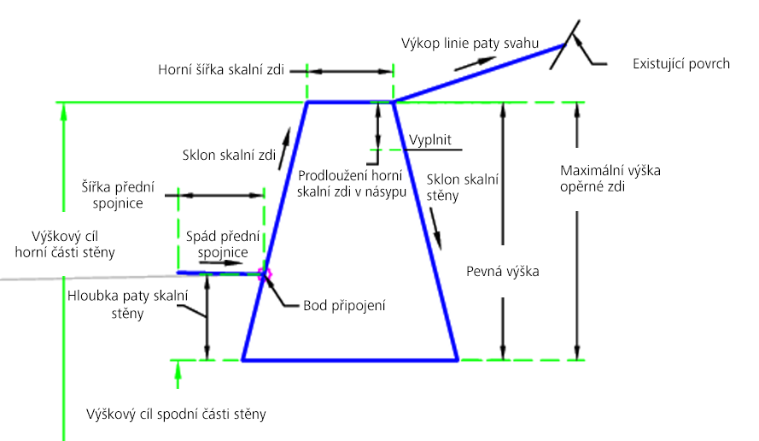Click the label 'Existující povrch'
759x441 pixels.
(x=681, y=64)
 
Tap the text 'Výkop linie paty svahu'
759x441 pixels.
(x=470, y=44)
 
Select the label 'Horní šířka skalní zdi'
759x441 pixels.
(x=221, y=70)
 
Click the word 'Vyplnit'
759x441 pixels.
(x=429, y=139)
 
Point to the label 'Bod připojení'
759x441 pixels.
(x=344, y=306)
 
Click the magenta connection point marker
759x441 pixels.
(x=265, y=274)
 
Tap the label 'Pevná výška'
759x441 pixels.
(x=503, y=272)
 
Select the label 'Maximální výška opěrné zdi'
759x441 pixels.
(x=610, y=179)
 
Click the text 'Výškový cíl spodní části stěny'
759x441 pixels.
(x=176, y=415)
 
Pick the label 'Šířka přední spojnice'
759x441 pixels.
(x=118, y=195)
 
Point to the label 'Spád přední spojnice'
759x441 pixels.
(x=223, y=244)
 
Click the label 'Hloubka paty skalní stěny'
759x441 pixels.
(x=127, y=304)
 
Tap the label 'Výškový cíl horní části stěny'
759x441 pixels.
(x=65, y=244)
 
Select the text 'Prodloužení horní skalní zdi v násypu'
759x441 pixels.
(x=352, y=184)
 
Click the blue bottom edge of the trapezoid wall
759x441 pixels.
(x=350, y=360)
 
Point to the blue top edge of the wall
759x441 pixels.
(x=350, y=103)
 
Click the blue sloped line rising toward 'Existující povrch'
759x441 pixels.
(x=479, y=73)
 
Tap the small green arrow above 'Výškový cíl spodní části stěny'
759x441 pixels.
(x=178, y=374)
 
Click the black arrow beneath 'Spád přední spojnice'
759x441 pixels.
(x=220, y=263)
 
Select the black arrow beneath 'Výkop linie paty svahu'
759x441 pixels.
(x=475, y=64)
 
